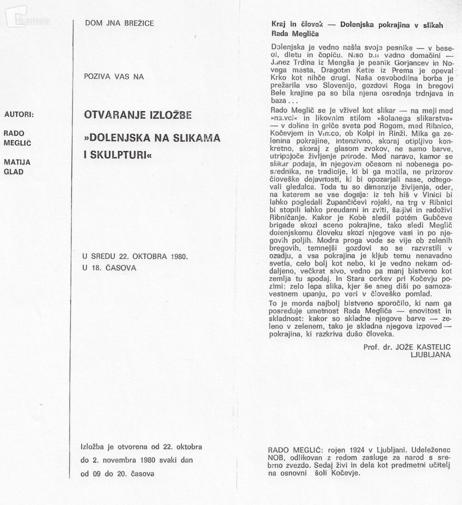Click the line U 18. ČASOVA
pyautogui.click(x=110, y=267)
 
